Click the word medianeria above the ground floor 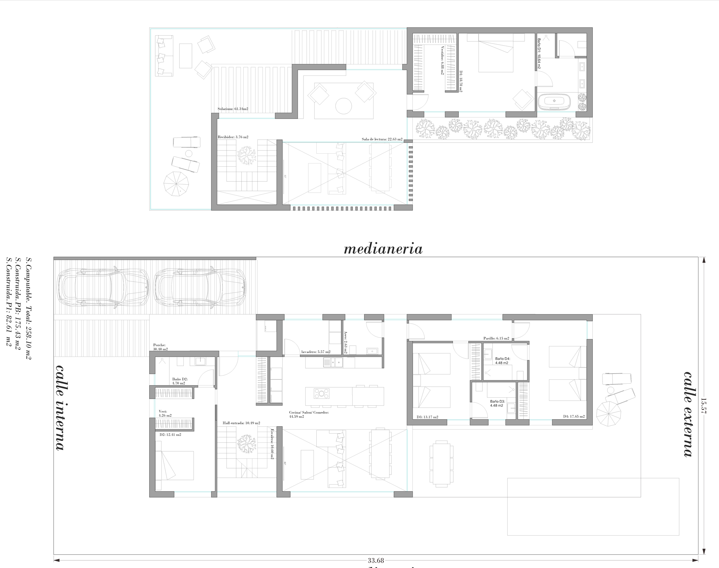(x=383, y=249)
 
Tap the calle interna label (x=60, y=407)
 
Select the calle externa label (x=688, y=414)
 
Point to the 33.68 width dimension (x=376, y=560)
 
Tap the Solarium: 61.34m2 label (x=233, y=109)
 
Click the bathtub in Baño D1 (x=554, y=101)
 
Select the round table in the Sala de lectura (x=344, y=106)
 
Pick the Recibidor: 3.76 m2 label (x=233, y=137)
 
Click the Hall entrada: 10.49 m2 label (x=241, y=423)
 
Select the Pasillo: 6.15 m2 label (x=496, y=338)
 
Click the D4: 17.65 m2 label (x=574, y=417)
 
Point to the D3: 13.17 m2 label (x=427, y=417)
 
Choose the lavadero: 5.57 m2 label (x=316, y=352)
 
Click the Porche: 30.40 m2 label (x=160, y=347)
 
